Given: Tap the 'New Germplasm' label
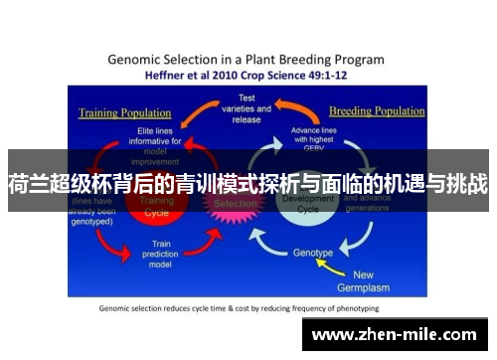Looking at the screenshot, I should click(x=378, y=280).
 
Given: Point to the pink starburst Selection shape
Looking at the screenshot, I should click(x=235, y=202).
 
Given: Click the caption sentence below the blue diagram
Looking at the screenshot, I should click(x=246, y=307).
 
